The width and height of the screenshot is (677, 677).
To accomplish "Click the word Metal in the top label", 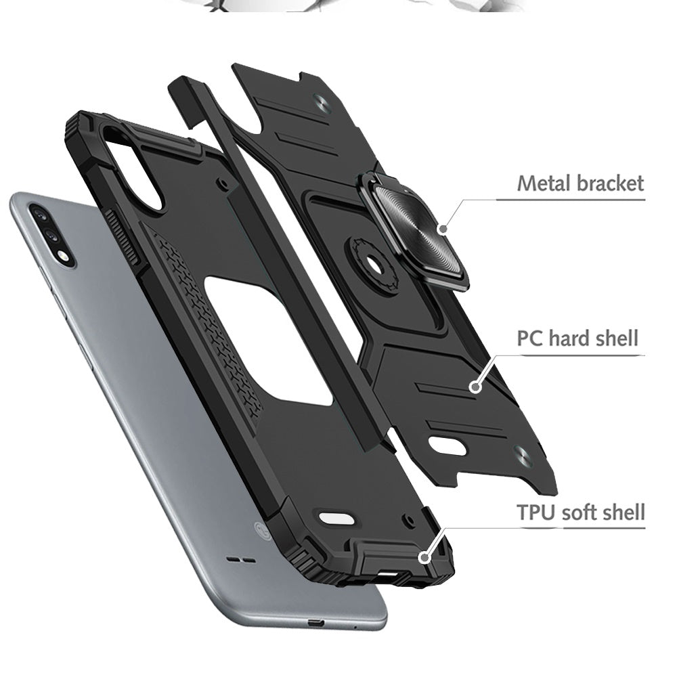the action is click(544, 183).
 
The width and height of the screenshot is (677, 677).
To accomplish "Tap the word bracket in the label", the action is click(610, 183).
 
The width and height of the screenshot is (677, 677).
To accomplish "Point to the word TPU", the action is click(536, 512).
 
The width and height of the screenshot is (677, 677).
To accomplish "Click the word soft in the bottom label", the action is click(581, 512).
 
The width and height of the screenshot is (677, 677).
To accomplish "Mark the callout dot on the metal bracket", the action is click(443, 229).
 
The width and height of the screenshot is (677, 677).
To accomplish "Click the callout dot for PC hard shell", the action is click(476, 387).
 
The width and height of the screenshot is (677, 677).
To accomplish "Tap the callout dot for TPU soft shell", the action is click(425, 557).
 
